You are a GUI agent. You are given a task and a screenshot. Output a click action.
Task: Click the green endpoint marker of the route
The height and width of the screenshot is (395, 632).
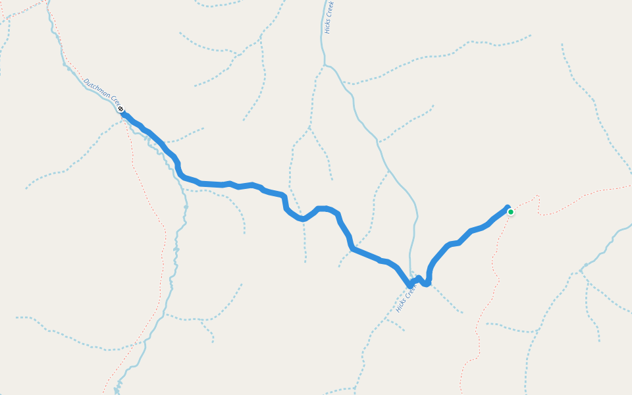[510, 211]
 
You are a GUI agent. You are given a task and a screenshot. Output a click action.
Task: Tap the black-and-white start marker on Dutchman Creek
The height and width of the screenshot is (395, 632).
[121, 109]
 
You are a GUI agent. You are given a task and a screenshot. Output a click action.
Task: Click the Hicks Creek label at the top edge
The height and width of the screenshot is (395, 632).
[330, 16]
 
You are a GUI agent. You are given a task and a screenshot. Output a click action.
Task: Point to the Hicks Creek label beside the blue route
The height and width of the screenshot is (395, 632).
[407, 297]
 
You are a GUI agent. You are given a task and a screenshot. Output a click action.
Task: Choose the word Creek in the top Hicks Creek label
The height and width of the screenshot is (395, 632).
[331, 9]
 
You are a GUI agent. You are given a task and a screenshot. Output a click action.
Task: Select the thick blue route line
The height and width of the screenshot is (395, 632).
[263, 190]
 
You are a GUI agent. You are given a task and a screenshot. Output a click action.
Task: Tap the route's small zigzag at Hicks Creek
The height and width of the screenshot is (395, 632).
[421, 281]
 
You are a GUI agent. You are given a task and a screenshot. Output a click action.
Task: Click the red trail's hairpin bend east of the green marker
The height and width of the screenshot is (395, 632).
[539, 197]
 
